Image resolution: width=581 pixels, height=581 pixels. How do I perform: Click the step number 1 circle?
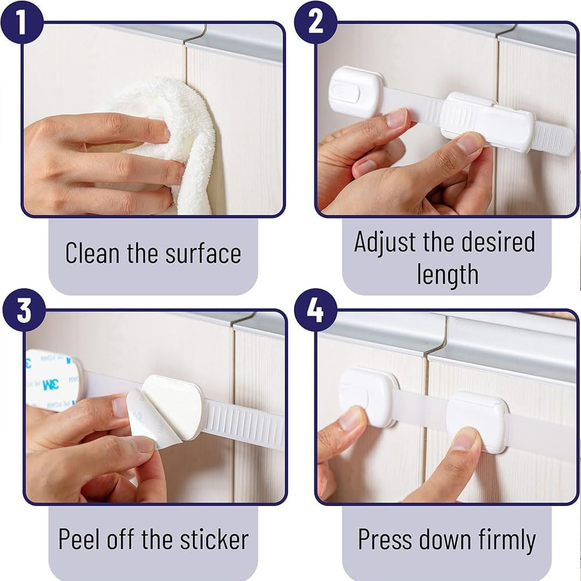[21, 21]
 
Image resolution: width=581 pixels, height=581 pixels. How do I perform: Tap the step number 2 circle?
[315, 21]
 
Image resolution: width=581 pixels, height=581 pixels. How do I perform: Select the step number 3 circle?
[23, 311]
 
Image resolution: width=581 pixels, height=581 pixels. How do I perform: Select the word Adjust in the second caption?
[385, 242]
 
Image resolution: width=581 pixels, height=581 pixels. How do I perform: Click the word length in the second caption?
[447, 274]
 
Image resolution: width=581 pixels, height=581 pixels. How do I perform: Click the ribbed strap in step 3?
[244, 421]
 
